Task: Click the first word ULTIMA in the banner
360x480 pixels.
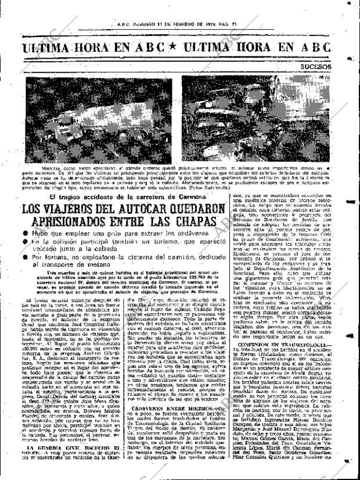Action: pos(47,49)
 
